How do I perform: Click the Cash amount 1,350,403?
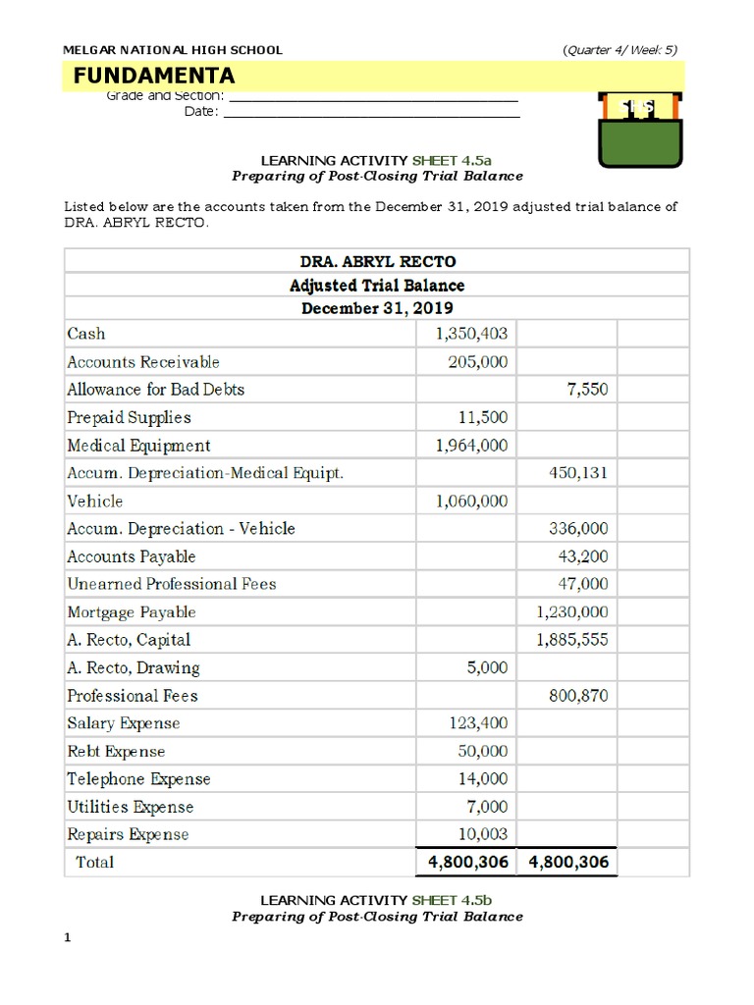[x=471, y=334]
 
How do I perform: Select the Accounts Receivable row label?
[x=143, y=362]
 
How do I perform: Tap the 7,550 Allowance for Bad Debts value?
[x=587, y=390]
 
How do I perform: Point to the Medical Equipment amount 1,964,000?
[x=471, y=446]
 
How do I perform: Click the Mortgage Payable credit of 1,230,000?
[x=572, y=612]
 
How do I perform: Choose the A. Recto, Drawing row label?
[x=133, y=668]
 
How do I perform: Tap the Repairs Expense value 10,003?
[x=484, y=834]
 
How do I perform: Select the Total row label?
[x=95, y=863]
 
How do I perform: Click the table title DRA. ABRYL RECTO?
[x=377, y=261]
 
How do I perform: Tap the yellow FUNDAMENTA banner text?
[x=154, y=76]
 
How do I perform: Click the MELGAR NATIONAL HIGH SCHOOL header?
[x=173, y=49]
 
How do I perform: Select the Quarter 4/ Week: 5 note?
[x=619, y=49]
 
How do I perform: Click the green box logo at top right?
[x=641, y=131]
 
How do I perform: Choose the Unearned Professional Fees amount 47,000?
[x=583, y=584]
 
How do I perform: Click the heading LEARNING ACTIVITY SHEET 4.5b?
[x=377, y=900]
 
